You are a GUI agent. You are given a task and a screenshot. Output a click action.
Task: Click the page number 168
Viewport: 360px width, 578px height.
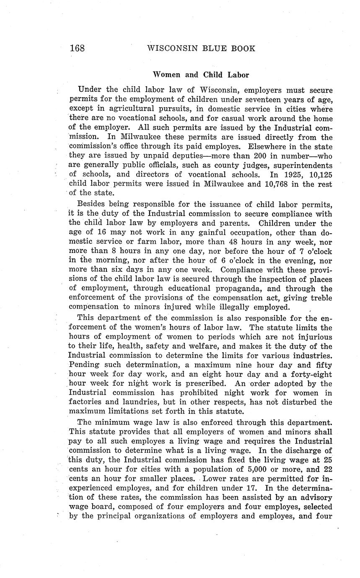click(78, 48)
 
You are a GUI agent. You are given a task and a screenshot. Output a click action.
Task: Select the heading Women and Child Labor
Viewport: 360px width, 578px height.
click(201, 75)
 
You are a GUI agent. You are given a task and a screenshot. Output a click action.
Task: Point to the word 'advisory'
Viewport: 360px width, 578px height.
click(313, 497)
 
